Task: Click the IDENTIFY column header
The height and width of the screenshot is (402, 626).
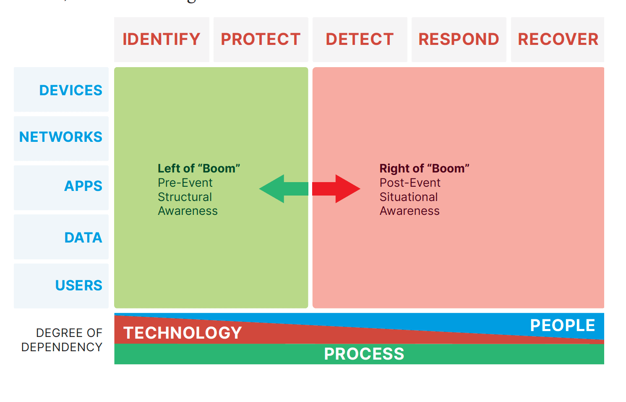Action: (x=162, y=39)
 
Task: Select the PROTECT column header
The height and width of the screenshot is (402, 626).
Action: (x=261, y=39)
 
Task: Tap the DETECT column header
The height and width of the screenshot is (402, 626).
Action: (x=360, y=39)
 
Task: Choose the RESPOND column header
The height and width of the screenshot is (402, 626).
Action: (x=459, y=39)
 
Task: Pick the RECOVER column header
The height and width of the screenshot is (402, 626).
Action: (x=558, y=39)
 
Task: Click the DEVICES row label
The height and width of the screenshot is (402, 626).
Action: (x=70, y=90)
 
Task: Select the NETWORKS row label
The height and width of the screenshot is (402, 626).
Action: (x=61, y=137)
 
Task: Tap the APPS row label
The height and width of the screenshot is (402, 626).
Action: (x=83, y=186)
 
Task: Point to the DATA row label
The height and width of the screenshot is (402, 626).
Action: (x=83, y=238)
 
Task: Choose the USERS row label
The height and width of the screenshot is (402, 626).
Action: (x=79, y=285)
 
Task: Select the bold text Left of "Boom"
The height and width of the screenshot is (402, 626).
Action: (x=199, y=168)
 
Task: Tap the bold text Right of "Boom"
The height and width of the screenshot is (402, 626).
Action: (x=424, y=168)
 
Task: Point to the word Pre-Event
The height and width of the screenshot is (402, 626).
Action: (x=185, y=183)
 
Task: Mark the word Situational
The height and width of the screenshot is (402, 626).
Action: (x=409, y=197)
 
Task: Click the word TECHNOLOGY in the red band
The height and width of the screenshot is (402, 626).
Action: (x=183, y=333)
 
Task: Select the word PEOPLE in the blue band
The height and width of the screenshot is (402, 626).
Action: (x=562, y=326)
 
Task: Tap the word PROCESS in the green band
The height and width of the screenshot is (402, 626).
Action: (x=364, y=354)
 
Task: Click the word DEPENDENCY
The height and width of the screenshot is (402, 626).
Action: (x=62, y=347)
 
